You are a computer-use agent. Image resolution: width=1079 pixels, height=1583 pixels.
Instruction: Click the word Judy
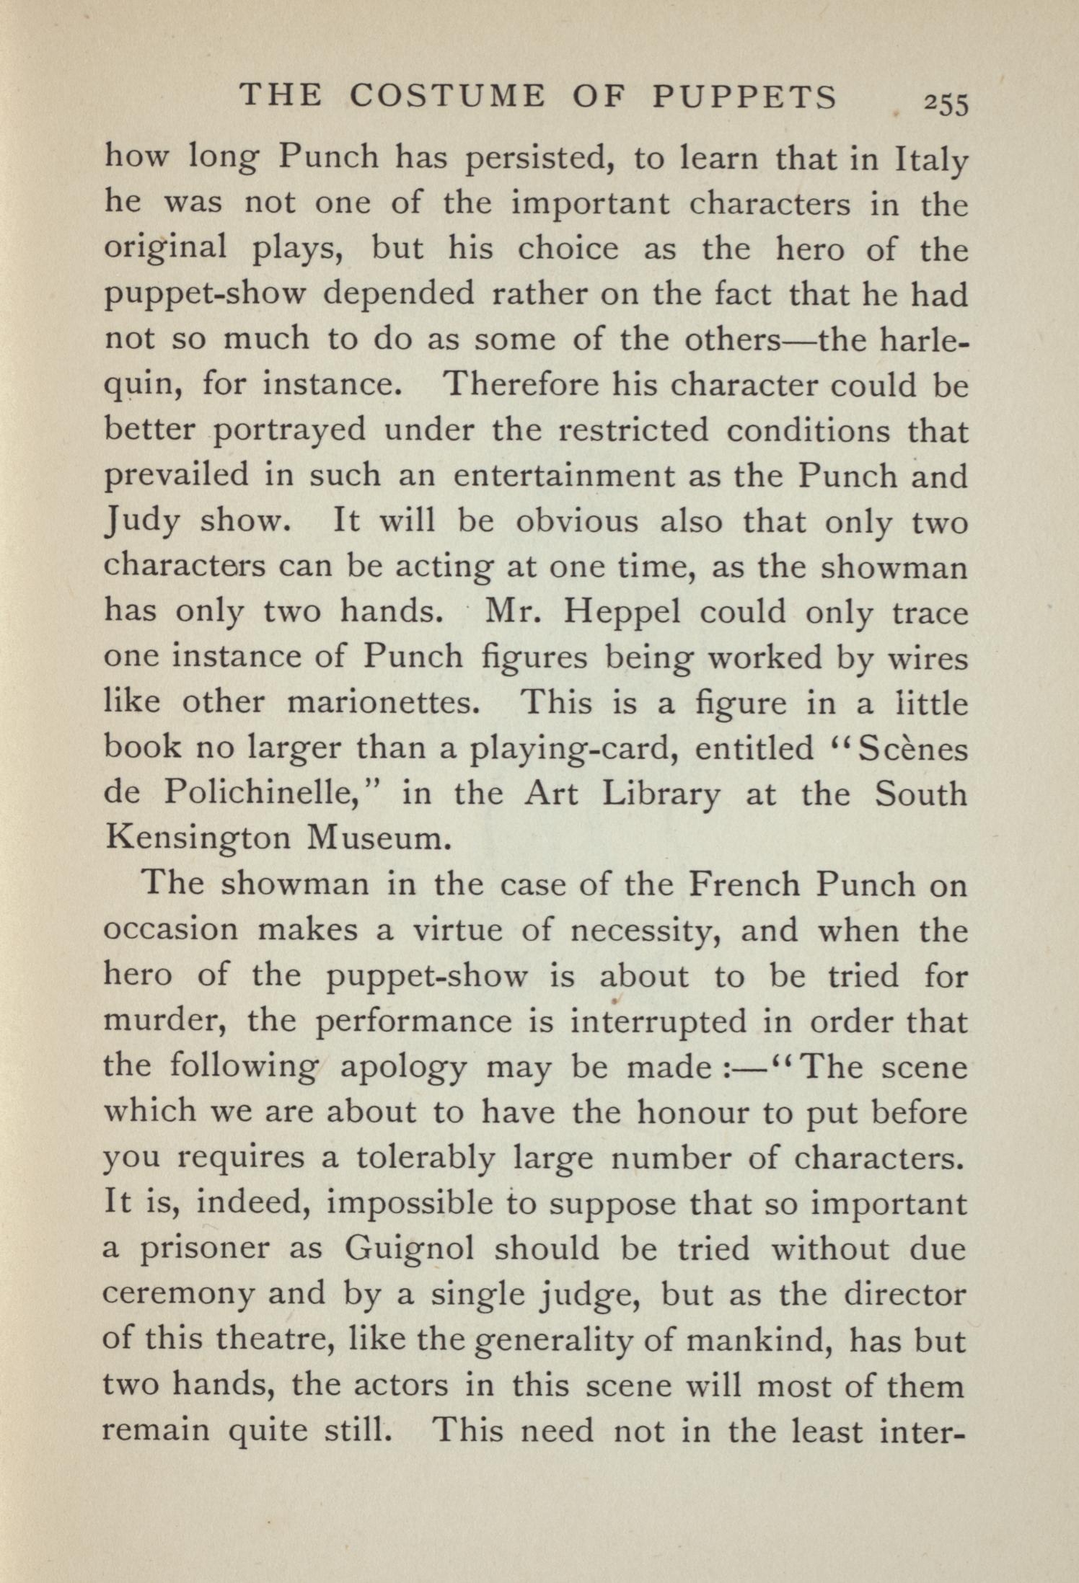pos(142,521)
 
